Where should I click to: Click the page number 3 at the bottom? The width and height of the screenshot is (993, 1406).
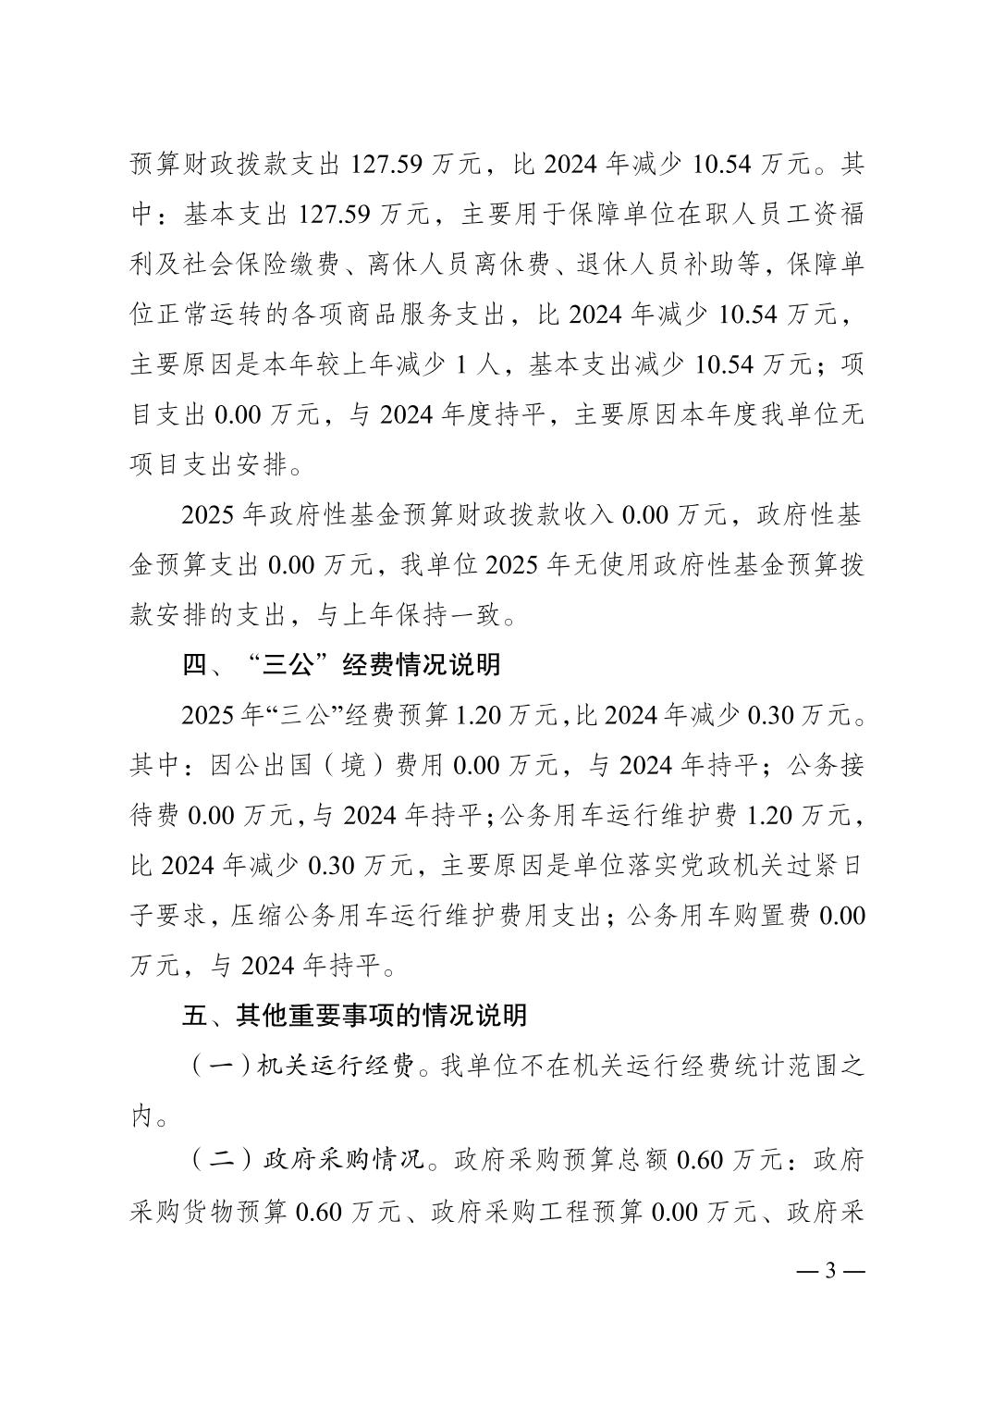(x=829, y=1269)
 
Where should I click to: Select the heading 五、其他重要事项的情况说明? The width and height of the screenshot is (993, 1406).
(x=354, y=1015)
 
